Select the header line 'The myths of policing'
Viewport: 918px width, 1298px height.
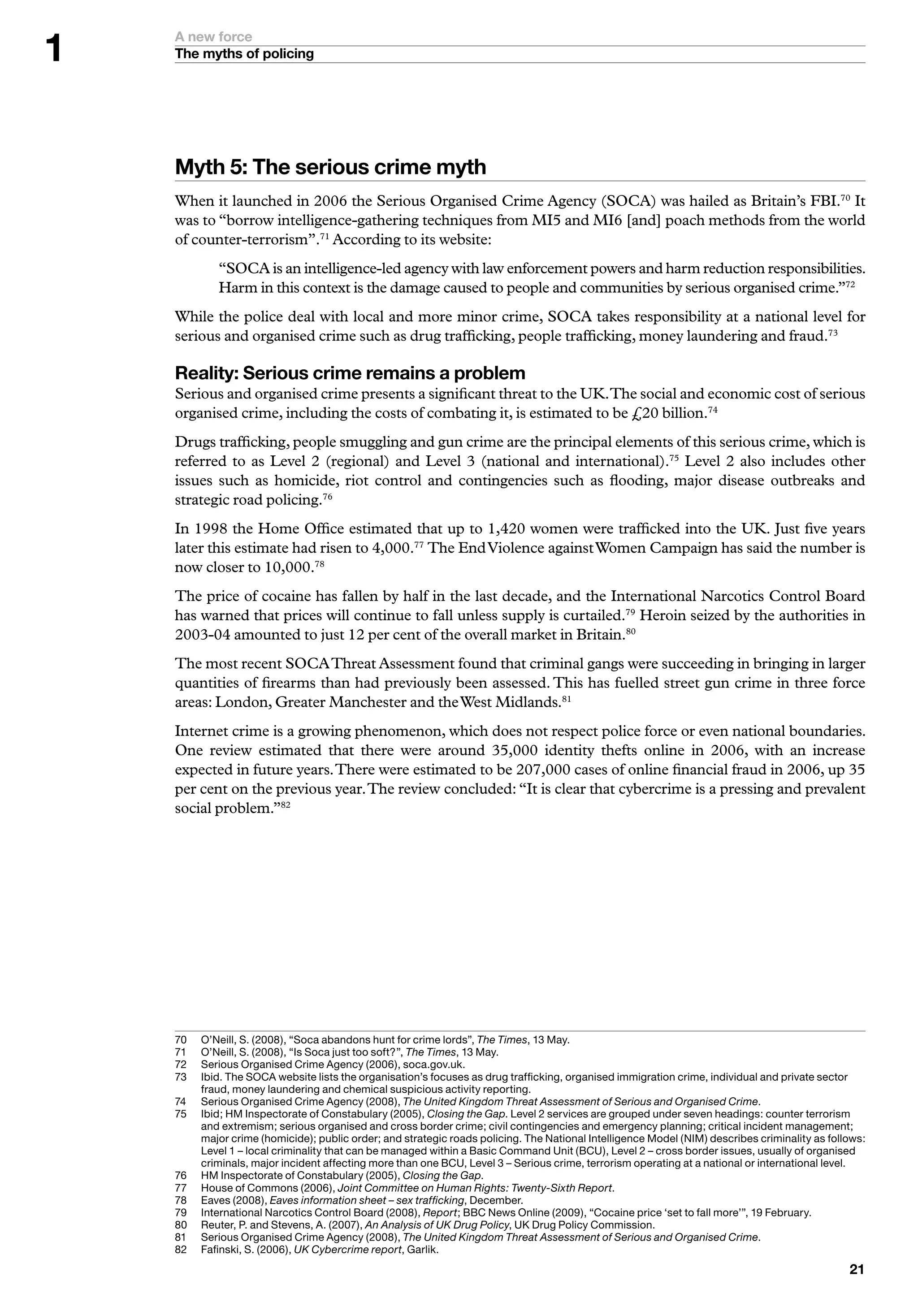coord(244,54)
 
